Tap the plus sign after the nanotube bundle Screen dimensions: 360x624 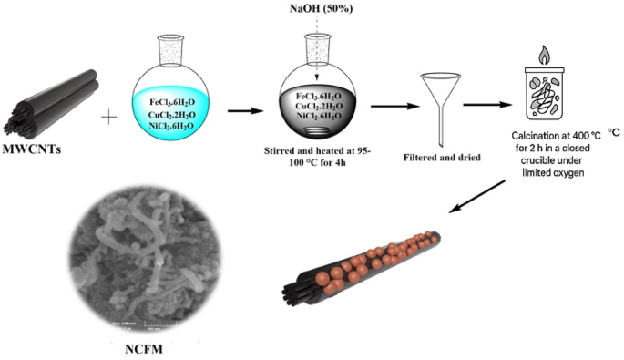[113, 117]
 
